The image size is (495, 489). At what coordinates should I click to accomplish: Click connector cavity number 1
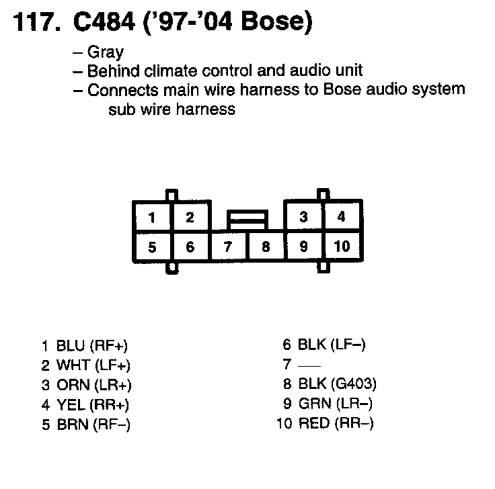[153, 217]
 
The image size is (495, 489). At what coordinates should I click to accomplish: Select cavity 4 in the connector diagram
[342, 217]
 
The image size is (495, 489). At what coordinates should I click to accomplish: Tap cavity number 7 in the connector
[228, 247]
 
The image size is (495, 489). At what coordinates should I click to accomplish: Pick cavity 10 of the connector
[342, 246]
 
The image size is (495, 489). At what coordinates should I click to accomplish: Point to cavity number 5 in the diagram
[153, 247]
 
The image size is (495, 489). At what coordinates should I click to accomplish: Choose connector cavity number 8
[266, 247]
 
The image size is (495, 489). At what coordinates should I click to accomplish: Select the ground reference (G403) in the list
[354, 384]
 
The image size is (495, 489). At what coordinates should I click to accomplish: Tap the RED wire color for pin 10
[313, 423]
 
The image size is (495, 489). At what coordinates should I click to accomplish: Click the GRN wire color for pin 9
[313, 404]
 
